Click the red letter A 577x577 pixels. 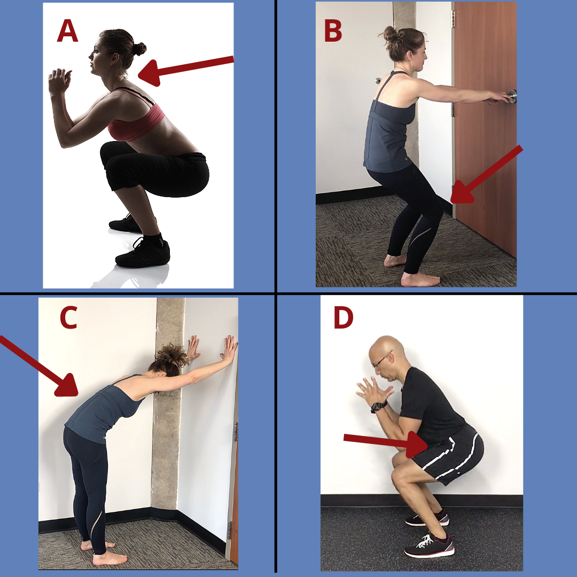67,30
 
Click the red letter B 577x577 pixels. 333,30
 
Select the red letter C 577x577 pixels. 68,317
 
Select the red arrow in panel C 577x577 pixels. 38,366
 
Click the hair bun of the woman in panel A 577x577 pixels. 139,49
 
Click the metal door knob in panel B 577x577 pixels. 512,96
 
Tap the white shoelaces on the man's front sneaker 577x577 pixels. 426,541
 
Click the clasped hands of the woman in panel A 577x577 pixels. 59,81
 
